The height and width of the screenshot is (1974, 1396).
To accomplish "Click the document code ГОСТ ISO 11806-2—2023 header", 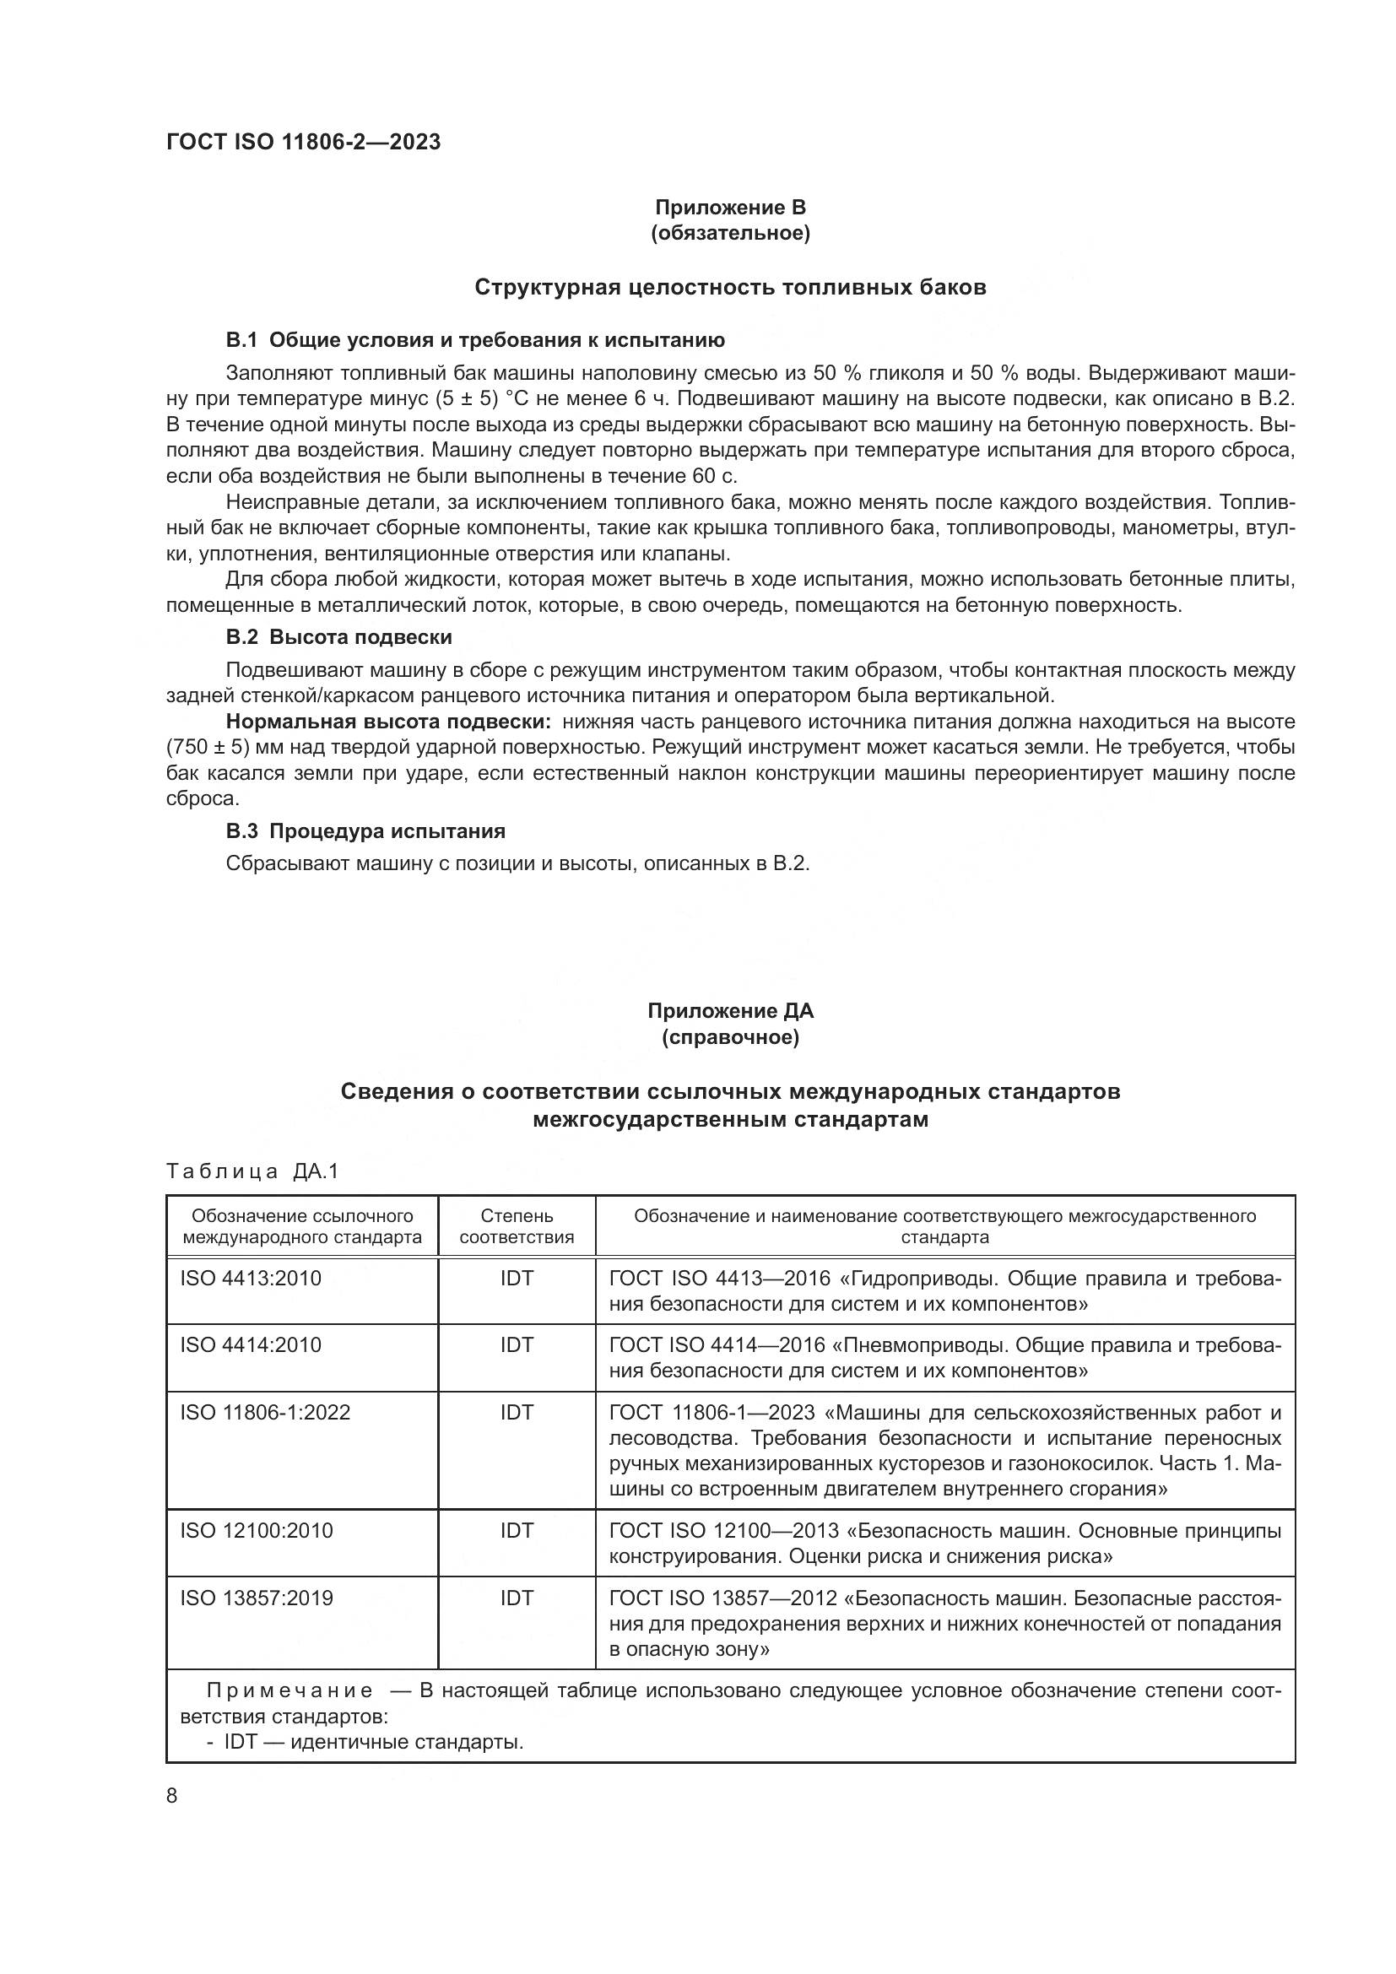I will (303, 143).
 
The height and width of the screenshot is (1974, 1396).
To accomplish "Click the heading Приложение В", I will (730, 208).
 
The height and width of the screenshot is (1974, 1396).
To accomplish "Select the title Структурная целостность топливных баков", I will (730, 287).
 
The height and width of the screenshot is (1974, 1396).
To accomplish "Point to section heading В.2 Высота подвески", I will (338, 638).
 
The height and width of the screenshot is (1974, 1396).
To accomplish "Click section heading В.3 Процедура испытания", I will (365, 831).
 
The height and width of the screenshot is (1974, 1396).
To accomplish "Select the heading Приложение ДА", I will (730, 1011).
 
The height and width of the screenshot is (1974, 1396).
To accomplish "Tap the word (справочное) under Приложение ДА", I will (730, 1038).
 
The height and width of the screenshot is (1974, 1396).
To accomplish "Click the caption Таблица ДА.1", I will (252, 1171).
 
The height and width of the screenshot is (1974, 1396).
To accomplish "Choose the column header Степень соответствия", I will (517, 1226).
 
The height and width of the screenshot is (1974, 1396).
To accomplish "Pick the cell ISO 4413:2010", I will (250, 1279).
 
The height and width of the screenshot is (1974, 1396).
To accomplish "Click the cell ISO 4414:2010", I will (250, 1344).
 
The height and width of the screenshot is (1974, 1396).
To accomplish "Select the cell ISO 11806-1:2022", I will (265, 1413).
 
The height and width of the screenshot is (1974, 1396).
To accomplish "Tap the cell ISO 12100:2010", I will (257, 1530).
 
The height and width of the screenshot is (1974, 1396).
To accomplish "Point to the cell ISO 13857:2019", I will (257, 1598).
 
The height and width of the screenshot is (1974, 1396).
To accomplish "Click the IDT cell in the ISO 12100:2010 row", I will (517, 1530).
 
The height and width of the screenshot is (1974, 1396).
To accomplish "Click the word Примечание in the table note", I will (289, 1691).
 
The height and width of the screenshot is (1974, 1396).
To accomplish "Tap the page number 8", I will (172, 1796).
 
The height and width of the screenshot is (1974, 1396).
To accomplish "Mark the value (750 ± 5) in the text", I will (202, 747).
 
